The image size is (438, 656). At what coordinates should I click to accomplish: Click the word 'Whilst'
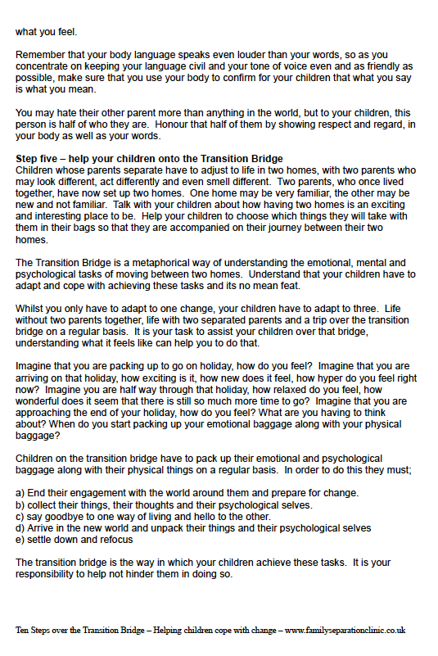31,305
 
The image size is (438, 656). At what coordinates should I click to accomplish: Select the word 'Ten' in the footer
24,631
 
